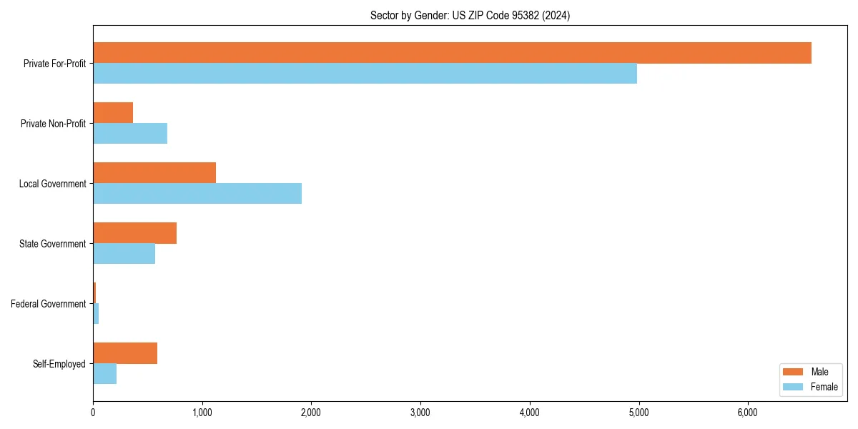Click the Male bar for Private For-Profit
tap(452, 53)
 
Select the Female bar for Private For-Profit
tap(365, 74)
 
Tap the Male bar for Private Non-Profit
tap(113, 113)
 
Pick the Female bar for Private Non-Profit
tap(130, 134)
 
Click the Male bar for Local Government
tap(154, 173)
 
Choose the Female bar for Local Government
tap(197, 194)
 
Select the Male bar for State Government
tap(134, 233)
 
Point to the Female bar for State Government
tap(124, 254)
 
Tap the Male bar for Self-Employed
tap(125, 353)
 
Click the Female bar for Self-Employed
tap(104, 374)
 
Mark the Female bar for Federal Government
tap(96, 314)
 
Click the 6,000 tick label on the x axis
tap(747, 413)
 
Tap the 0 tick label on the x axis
tap(93, 413)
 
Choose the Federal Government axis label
tap(48, 304)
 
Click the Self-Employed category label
tap(59, 364)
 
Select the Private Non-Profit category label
tap(53, 124)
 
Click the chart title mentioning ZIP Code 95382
tap(470, 15)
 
